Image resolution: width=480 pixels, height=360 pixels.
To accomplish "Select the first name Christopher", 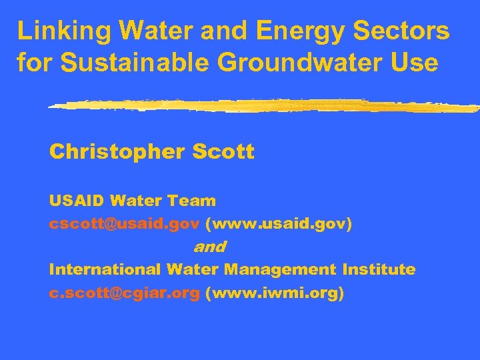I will tap(117, 153).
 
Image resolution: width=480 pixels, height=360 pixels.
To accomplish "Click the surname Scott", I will tap(223, 152).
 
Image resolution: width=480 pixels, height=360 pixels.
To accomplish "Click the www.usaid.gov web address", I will tap(279, 224).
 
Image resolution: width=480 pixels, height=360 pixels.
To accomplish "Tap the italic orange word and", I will tap(209, 247).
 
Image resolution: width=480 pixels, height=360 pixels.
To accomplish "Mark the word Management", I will tap(281, 270).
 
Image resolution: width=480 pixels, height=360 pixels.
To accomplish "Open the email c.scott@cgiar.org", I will tap(124, 293).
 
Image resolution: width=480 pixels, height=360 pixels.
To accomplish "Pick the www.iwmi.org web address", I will tap(275, 293).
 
